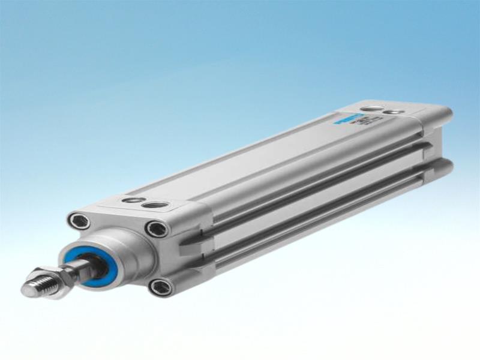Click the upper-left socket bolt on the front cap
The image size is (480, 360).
[x=79, y=221]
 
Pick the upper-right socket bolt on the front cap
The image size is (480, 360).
[x=157, y=229]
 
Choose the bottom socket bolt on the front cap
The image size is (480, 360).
[x=161, y=287]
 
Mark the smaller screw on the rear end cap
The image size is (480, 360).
[x=393, y=112]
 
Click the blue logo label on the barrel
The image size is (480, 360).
[x=348, y=118]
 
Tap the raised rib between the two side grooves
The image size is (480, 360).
[x=312, y=195]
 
